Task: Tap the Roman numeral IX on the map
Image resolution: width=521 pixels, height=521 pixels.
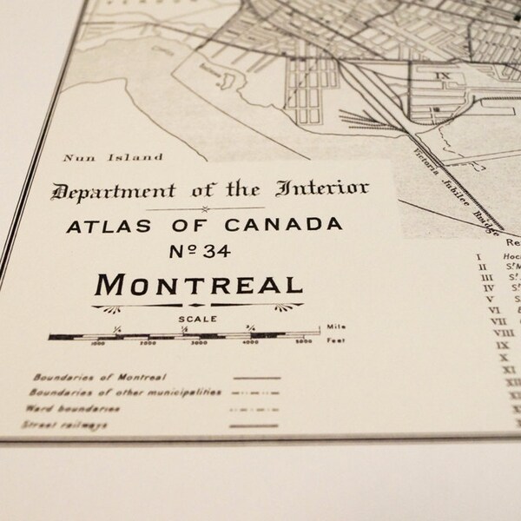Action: (445, 76)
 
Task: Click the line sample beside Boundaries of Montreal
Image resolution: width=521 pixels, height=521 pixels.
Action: (257, 379)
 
